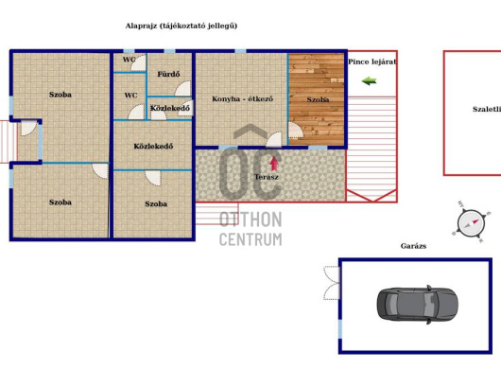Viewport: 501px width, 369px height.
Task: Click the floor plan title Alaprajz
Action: (x=141, y=26)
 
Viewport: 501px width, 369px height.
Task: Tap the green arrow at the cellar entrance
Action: (x=369, y=81)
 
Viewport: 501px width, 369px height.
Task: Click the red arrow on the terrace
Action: (x=274, y=164)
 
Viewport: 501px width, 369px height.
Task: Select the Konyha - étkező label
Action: (x=243, y=98)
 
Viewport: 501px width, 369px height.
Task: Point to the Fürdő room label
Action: (x=168, y=74)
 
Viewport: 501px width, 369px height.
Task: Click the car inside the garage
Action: (x=417, y=305)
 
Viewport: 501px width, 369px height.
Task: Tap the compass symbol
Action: (x=471, y=222)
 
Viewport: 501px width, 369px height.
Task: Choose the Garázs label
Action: (x=413, y=246)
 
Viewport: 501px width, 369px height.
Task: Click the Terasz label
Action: (x=267, y=177)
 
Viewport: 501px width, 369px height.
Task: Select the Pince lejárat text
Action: (x=372, y=61)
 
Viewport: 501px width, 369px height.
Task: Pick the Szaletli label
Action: (x=486, y=109)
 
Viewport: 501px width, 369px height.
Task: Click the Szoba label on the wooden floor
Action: (x=318, y=99)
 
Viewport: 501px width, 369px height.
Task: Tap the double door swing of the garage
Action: (x=332, y=283)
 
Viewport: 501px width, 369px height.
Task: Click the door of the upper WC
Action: (x=139, y=63)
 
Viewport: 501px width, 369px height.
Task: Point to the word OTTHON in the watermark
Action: (x=250, y=220)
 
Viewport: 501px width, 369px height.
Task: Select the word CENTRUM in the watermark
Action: (x=250, y=239)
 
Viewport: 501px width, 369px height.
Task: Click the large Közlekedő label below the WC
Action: (x=153, y=146)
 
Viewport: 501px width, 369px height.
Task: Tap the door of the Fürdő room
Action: (x=183, y=89)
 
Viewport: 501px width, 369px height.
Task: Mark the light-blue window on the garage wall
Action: (x=340, y=329)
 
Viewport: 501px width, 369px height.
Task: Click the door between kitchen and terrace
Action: (x=274, y=140)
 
